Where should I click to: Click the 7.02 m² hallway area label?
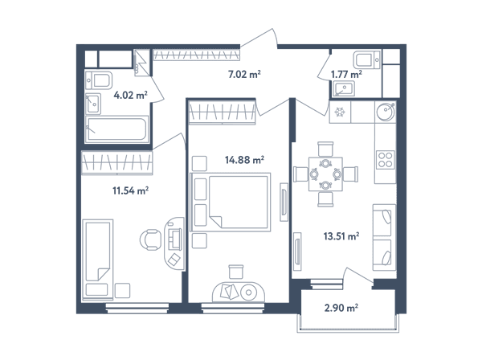(244, 75)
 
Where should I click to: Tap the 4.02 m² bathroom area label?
(130, 95)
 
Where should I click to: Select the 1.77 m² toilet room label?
(346, 75)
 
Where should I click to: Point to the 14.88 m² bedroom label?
(244, 160)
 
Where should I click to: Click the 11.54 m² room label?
(131, 190)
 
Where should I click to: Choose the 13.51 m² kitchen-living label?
(341, 236)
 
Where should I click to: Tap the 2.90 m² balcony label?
(341, 308)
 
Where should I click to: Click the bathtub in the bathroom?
(116, 129)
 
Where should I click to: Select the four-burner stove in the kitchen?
(385, 159)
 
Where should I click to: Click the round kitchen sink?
(386, 112)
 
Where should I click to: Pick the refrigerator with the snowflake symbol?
(340, 112)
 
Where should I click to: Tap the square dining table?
(325, 174)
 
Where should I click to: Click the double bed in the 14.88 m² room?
(231, 202)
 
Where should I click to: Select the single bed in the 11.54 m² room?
(98, 260)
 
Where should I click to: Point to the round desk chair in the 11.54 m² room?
(151, 239)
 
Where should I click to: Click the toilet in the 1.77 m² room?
(367, 59)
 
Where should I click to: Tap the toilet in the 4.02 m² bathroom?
(99, 80)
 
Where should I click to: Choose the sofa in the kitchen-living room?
(384, 237)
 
